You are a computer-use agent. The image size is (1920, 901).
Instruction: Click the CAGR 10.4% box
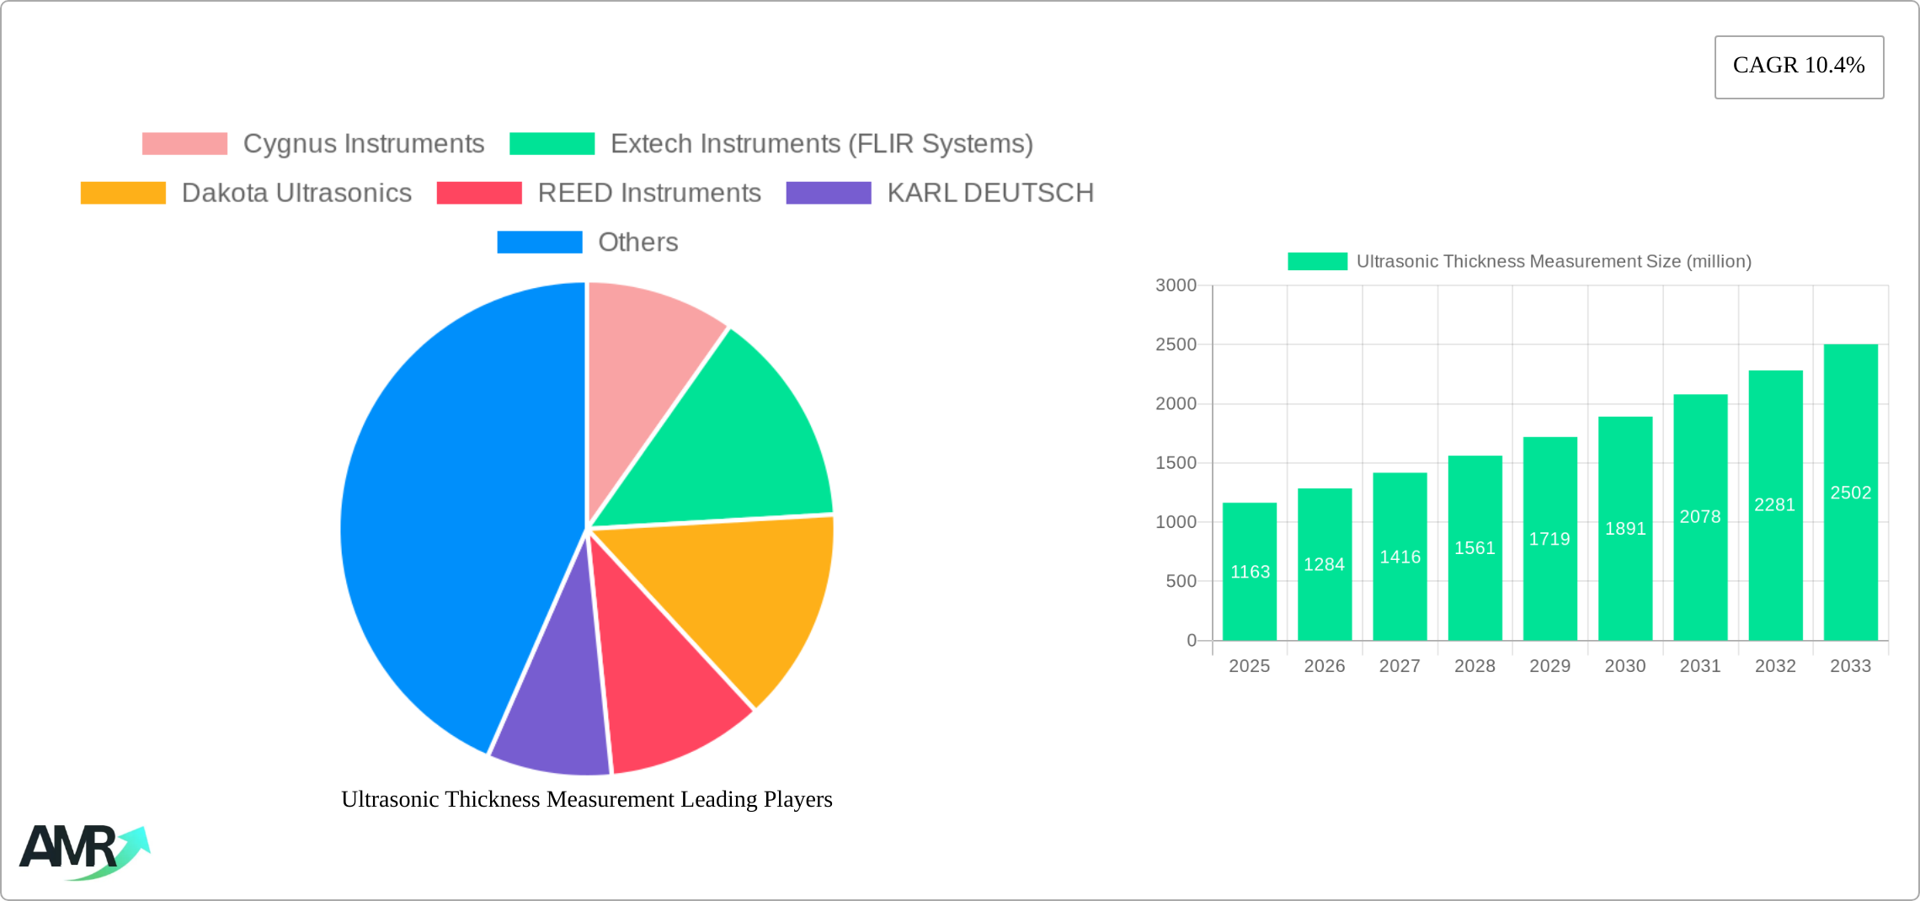(x=1799, y=67)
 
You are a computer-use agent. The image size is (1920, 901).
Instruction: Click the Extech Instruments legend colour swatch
(x=552, y=144)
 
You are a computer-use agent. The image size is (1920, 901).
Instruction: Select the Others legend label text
(x=637, y=243)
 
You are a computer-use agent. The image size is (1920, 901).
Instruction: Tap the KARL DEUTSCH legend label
(x=989, y=193)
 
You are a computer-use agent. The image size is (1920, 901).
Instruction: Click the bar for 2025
(x=1249, y=589)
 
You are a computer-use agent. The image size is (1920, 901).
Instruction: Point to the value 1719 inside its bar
(x=1549, y=539)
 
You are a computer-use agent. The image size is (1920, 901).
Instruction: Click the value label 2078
(x=1699, y=517)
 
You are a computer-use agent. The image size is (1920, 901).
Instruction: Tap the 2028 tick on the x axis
(x=1475, y=666)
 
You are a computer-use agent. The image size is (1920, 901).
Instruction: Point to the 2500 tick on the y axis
(x=1176, y=344)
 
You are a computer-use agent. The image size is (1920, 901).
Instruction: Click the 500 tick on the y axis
(x=1181, y=581)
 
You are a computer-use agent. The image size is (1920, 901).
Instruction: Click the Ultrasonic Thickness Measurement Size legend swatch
(x=1317, y=262)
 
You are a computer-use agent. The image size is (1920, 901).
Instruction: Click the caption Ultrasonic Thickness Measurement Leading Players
(x=586, y=799)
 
